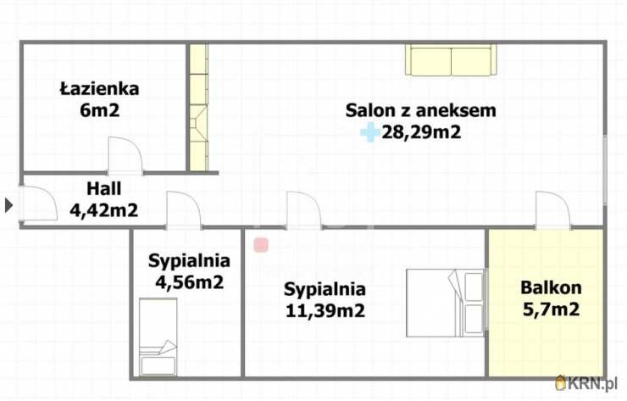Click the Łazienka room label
click(99, 88)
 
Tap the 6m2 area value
click(99, 109)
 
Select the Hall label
click(104, 188)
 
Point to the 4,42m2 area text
click(104, 209)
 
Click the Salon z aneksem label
click(420, 110)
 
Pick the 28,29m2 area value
click(421, 132)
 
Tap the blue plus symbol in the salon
click(369, 132)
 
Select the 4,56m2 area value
click(186, 282)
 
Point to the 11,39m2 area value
click(325, 310)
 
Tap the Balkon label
click(551, 288)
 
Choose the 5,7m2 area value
click(551, 309)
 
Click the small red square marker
click(261, 245)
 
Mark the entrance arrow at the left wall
click(8, 204)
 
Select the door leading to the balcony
click(552, 211)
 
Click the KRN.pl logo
click(588, 384)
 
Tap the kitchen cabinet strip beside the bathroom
click(198, 106)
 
